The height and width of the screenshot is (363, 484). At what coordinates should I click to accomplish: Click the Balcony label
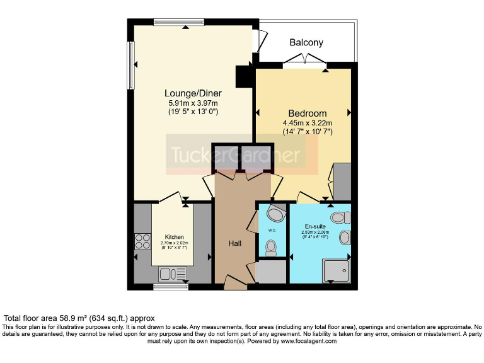pyautogui.click(x=306, y=43)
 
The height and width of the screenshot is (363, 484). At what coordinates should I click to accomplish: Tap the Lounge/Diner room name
pyautogui.click(x=185, y=93)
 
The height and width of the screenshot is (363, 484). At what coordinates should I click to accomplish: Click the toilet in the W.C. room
pyautogui.click(x=271, y=249)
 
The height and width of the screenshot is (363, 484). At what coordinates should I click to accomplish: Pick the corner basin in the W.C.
pyautogui.click(x=275, y=211)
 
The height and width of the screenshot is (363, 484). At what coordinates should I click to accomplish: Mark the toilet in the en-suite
pyautogui.click(x=340, y=218)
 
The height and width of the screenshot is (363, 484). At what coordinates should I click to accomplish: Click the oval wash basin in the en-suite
pyautogui.click(x=345, y=238)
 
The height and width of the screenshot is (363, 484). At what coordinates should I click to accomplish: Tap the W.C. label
pyautogui.click(x=272, y=230)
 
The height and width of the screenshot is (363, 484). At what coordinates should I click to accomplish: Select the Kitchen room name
pyautogui.click(x=175, y=237)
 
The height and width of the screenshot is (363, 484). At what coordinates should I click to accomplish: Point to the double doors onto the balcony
pyautogui.click(x=305, y=60)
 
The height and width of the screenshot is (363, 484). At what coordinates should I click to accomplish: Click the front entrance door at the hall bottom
pyautogui.click(x=235, y=282)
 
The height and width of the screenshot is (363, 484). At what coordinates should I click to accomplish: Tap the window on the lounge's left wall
pyautogui.click(x=131, y=65)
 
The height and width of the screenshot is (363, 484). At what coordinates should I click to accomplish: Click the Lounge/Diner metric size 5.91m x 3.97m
pyautogui.click(x=193, y=103)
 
